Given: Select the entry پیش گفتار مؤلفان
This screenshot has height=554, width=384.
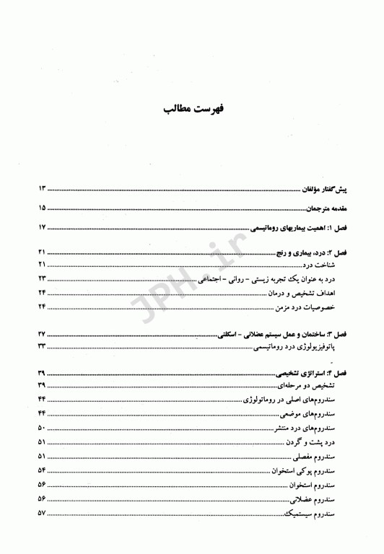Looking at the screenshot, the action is (325, 189).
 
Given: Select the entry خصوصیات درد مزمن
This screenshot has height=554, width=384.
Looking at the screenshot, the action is (306, 308).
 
